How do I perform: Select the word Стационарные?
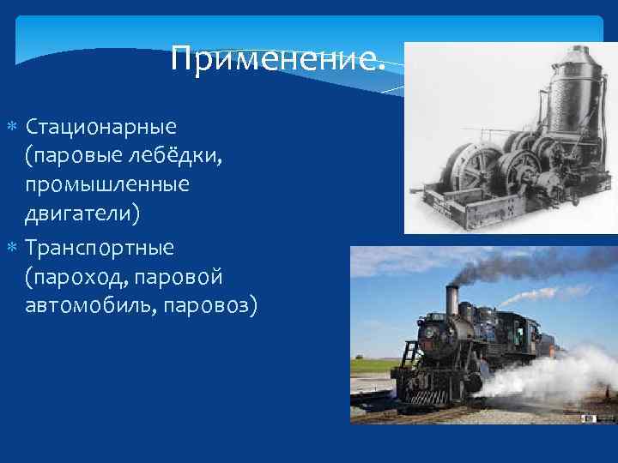100,128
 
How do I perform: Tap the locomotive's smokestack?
451,300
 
